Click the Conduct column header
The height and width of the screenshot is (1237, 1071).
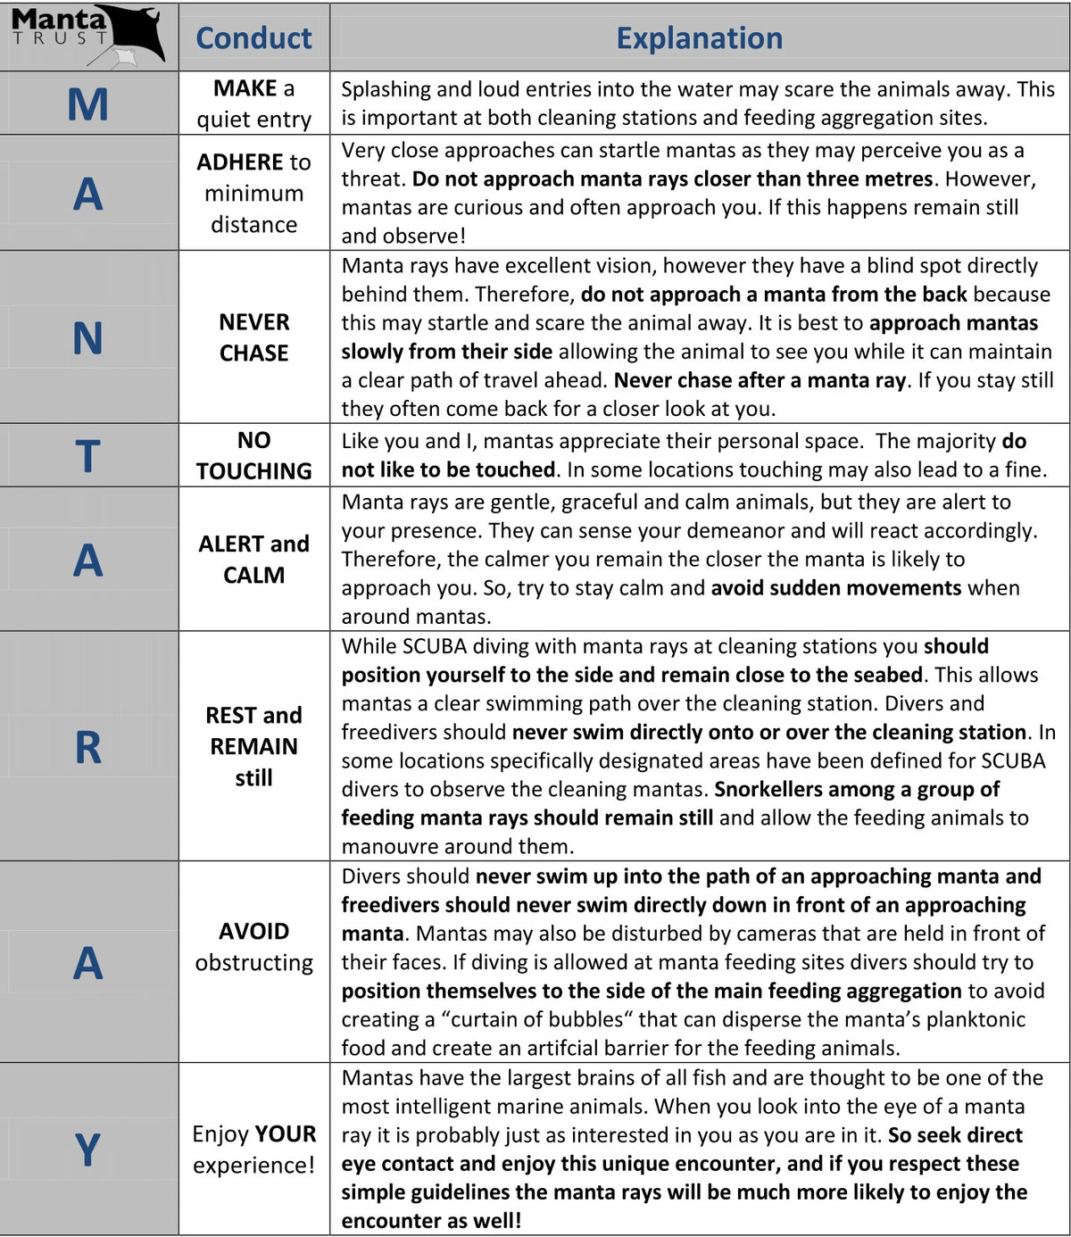[253, 38]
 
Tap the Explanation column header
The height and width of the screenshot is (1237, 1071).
[699, 38]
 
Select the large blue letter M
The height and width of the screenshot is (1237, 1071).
[87, 104]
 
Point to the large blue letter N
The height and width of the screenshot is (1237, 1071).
[87, 338]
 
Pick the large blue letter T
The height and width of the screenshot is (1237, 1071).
[87, 456]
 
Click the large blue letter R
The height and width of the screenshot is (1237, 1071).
[87, 747]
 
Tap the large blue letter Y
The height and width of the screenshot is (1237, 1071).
[87, 1150]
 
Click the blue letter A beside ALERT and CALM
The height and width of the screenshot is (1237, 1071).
[87, 560]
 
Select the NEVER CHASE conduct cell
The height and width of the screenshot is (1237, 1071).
[253, 337]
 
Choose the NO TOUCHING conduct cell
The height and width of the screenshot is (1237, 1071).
[253, 455]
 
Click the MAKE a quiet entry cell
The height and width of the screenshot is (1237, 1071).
[253, 104]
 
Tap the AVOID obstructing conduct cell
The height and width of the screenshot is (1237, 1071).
[253, 947]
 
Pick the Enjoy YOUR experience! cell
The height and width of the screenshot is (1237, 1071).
[253, 1150]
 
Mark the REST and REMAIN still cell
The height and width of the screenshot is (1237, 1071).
[253, 746]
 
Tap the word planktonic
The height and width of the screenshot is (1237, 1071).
[976, 1019]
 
